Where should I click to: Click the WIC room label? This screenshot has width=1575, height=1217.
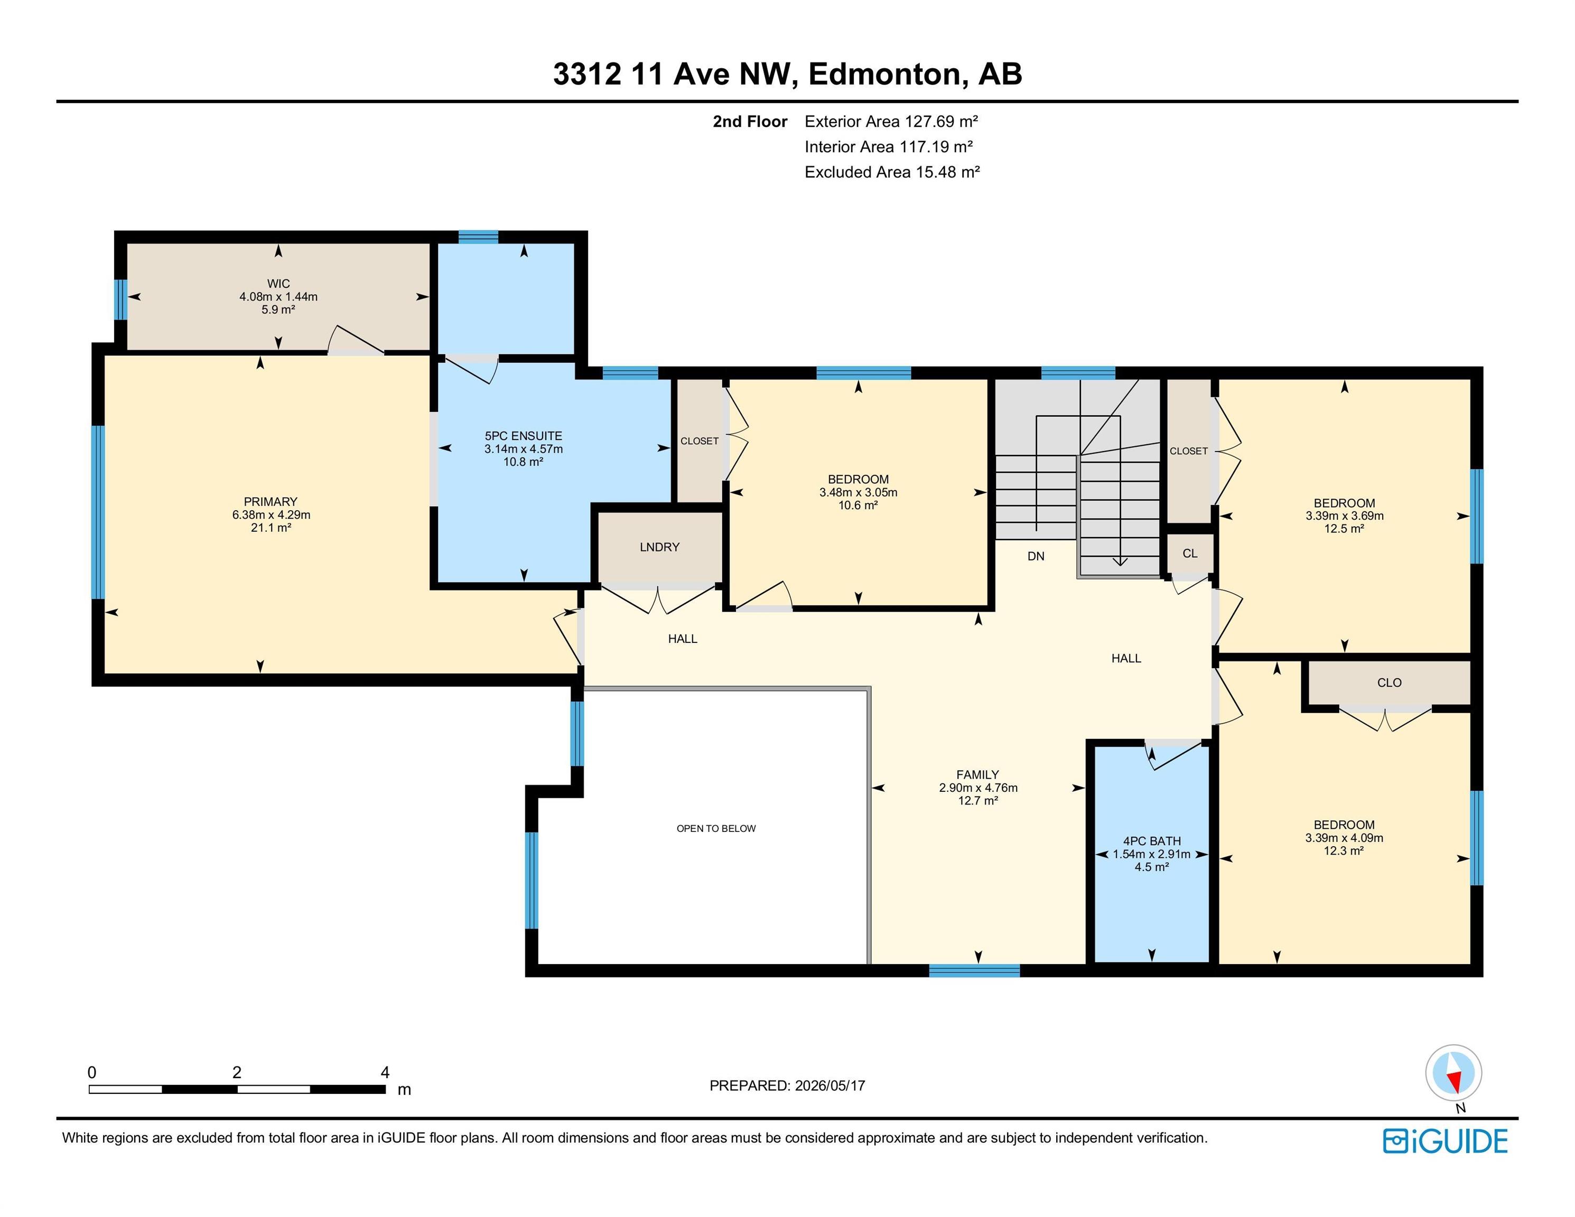[x=278, y=283]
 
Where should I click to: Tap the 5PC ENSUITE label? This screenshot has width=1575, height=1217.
[x=524, y=435]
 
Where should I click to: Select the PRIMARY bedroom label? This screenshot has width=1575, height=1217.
[x=271, y=501]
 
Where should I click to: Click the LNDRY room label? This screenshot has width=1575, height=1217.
[x=660, y=547]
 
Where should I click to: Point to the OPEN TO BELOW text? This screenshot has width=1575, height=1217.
[x=716, y=828]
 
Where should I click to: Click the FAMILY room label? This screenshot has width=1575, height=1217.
[x=978, y=774]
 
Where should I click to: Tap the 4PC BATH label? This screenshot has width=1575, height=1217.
[x=1152, y=841]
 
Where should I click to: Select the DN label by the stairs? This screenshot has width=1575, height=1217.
[x=1036, y=556]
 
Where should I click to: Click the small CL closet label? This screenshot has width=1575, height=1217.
[x=1190, y=553]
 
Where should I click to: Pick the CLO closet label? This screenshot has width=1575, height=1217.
[x=1389, y=682]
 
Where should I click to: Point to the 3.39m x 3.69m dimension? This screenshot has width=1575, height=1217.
[x=1344, y=516]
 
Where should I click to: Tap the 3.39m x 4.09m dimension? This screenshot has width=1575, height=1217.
[x=1344, y=838]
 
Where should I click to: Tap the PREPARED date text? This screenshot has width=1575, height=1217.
[x=787, y=1085]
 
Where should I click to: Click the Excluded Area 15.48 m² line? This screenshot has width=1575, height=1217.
[x=892, y=172]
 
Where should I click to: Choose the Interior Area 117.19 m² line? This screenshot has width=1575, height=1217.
[x=889, y=146]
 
